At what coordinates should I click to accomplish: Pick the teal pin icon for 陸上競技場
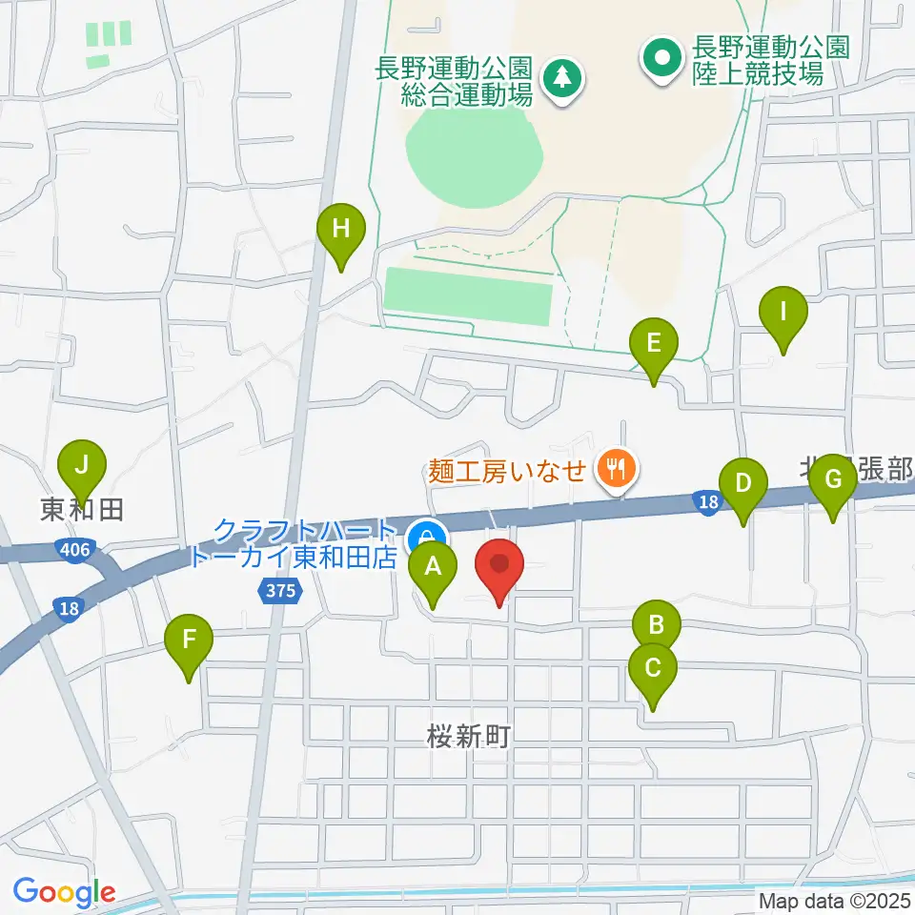tap(660, 56)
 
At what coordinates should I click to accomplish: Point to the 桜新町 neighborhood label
tap(470, 736)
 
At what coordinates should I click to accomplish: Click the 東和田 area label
tap(83, 511)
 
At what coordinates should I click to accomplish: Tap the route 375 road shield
tap(281, 592)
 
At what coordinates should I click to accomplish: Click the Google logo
tap(65, 892)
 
